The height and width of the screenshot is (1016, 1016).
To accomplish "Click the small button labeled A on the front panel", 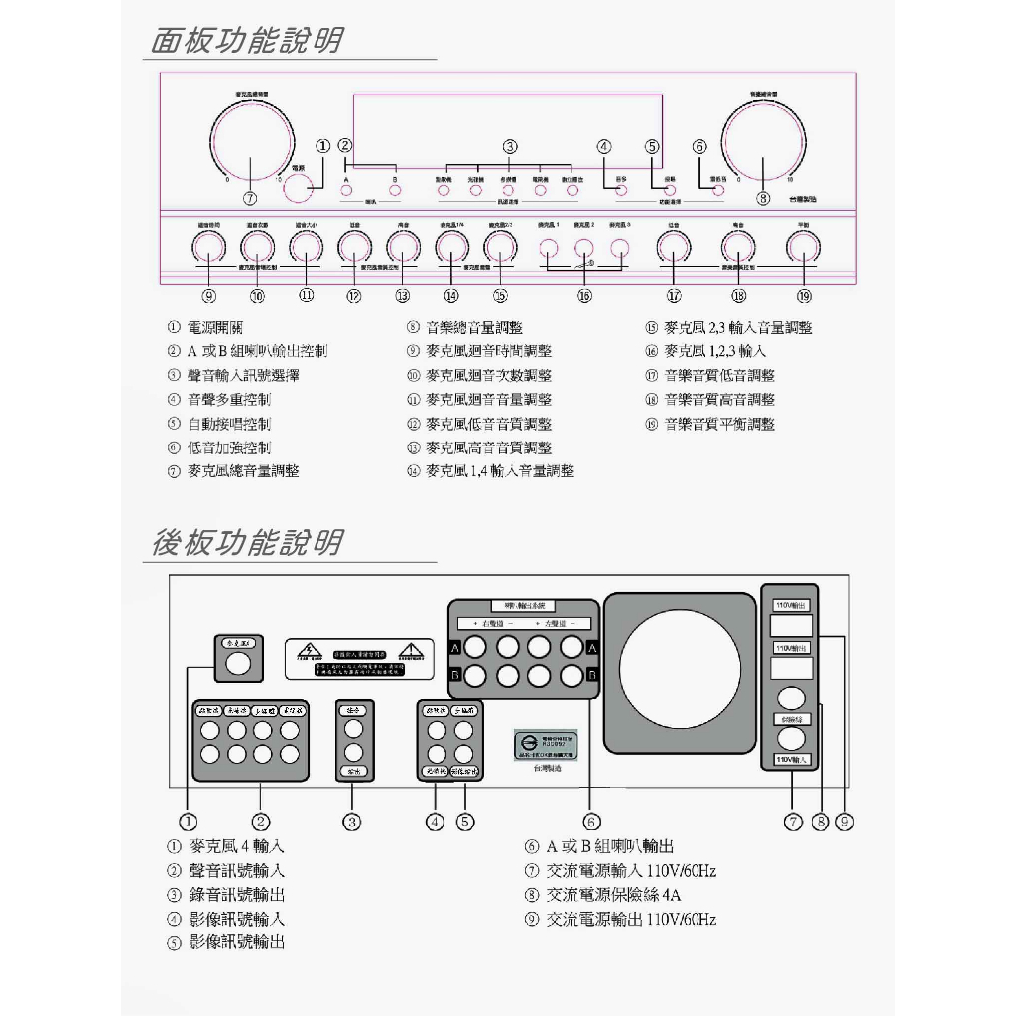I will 346,190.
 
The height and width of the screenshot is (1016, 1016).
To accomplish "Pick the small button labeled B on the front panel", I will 394,190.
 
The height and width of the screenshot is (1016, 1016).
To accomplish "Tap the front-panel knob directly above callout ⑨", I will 208,248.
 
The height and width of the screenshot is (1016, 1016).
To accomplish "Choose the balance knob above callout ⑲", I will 804,248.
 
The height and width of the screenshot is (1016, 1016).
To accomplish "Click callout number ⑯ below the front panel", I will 584,295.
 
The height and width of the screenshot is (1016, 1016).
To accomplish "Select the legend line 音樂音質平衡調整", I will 719,424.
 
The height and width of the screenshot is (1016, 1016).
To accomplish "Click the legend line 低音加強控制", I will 229,447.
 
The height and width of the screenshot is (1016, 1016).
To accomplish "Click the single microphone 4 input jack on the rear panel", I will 237,665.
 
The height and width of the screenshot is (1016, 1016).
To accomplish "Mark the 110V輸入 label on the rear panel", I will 791,759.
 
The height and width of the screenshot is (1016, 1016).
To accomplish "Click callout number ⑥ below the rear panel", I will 591,821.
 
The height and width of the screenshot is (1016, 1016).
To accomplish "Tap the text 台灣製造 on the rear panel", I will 547,767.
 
